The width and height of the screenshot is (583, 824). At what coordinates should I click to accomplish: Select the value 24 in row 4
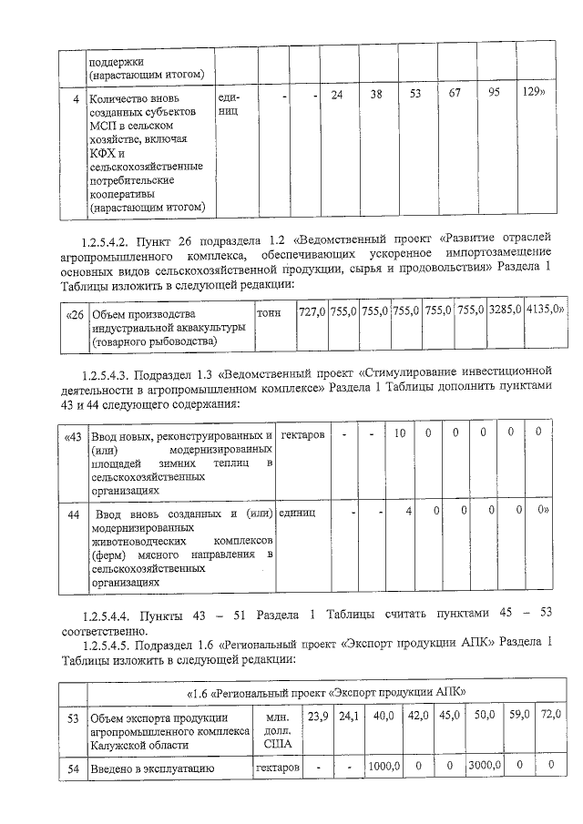337,96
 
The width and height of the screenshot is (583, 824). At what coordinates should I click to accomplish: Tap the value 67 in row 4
453,95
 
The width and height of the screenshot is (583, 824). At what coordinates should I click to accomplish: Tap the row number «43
75,436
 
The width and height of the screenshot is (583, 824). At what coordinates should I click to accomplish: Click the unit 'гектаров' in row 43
303,435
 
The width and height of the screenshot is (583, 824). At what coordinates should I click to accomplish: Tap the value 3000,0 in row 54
484,768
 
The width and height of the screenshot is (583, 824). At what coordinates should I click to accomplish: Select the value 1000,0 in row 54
384,768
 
